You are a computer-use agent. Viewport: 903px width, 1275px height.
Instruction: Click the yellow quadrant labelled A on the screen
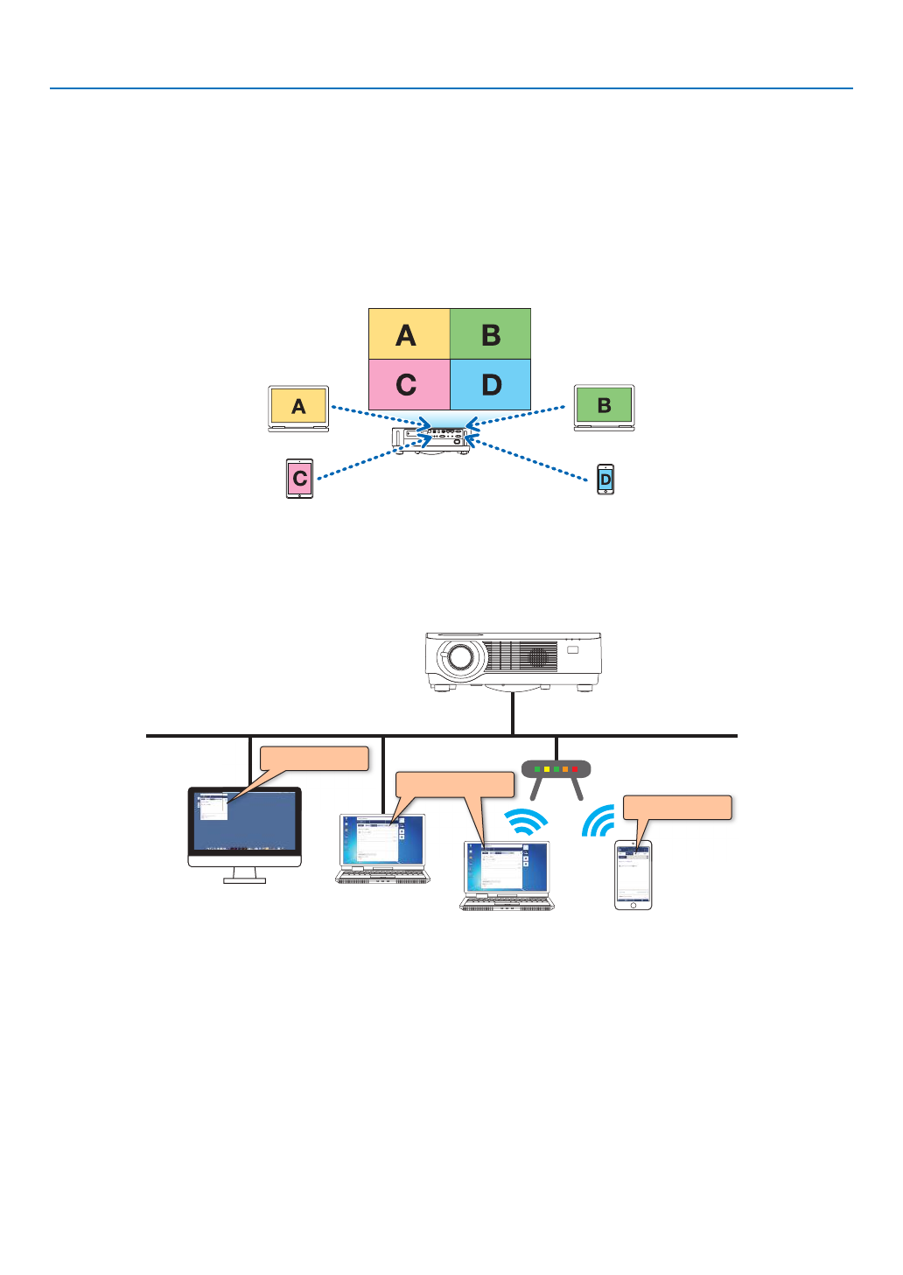409,333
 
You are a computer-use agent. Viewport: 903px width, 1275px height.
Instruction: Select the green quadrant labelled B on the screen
490,333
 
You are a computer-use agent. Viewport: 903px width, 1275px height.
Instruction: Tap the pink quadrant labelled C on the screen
409,385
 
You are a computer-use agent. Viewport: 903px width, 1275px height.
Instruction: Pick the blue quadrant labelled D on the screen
490,385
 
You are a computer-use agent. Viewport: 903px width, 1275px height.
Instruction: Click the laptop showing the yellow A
298,408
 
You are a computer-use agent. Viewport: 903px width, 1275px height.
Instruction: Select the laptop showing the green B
604,407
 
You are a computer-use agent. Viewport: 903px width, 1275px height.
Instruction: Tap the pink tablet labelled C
299,479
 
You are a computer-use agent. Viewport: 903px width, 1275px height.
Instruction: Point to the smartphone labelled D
605,480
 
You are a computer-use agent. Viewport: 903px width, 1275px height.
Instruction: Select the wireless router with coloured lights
556,770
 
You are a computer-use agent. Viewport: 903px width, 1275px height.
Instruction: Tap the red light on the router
575,769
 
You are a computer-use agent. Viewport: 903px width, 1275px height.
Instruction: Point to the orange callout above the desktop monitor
314,758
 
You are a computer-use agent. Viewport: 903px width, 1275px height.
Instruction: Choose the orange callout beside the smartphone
677,807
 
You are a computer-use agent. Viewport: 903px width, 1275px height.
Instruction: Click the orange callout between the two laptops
455,784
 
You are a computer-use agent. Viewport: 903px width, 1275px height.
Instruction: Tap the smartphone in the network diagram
633,874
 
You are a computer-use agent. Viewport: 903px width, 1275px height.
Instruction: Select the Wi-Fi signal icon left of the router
526,822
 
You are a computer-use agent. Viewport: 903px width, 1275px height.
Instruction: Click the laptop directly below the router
507,875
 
